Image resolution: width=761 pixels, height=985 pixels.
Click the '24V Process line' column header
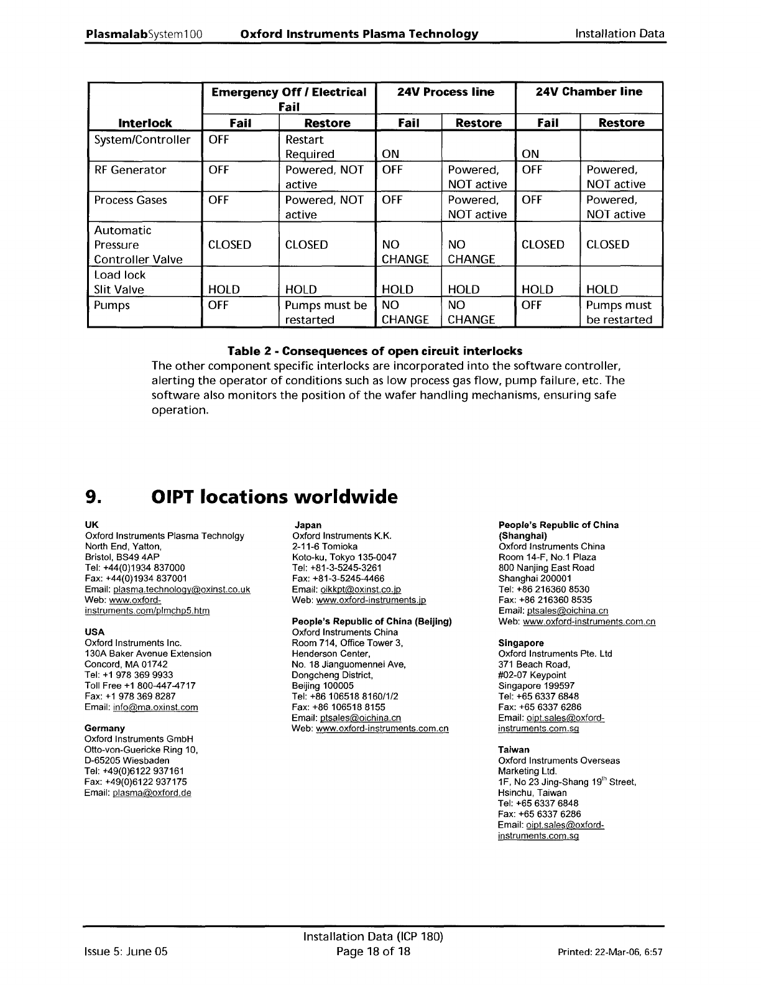(x=446, y=92)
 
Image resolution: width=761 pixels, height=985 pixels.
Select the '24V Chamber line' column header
(x=589, y=92)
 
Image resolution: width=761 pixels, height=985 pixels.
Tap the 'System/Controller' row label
(x=142, y=140)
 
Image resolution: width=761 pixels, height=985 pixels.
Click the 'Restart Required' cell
(x=310, y=147)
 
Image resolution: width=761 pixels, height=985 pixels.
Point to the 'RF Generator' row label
(x=130, y=170)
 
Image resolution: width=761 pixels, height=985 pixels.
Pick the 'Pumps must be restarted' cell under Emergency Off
(x=326, y=312)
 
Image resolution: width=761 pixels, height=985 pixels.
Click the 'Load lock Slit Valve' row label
(x=119, y=282)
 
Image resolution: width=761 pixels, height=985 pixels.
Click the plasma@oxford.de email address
(x=152, y=792)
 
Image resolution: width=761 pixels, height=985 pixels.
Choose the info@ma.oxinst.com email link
(x=155, y=707)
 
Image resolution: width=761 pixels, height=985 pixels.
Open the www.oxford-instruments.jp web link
(x=371, y=600)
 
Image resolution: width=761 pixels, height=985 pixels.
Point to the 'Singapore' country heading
(x=521, y=643)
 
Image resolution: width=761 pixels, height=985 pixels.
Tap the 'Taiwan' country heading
(x=514, y=749)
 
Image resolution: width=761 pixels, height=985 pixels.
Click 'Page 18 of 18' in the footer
(x=373, y=951)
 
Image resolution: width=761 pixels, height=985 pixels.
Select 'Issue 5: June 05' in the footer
(x=126, y=951)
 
